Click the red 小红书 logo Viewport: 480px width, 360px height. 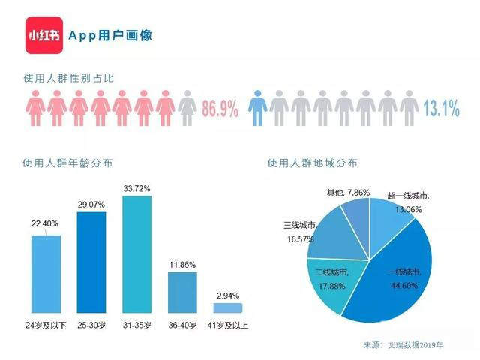(x=43, y=36)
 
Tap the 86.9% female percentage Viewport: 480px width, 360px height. (x=220, y=110)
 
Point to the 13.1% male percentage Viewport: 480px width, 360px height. (x=441, y=110)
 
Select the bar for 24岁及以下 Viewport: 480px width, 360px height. (x=46, y=274)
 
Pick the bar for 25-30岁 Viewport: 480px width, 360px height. (x=91, y=262)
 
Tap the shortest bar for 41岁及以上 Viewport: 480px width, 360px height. (x=228, y=307)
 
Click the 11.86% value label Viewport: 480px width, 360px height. (x=182, y=265)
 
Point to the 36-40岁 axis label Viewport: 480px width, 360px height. (x=182, y=325)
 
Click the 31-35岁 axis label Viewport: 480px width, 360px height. (x=136, y=325)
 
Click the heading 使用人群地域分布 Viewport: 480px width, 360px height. (x=312, y=163)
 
